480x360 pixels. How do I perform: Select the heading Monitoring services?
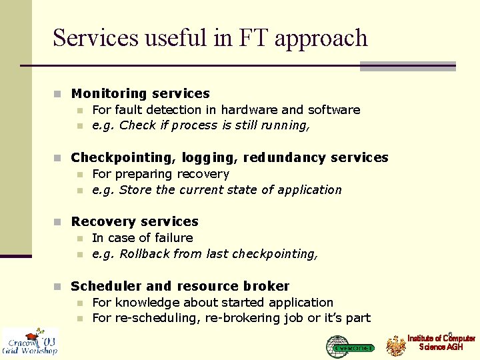140,93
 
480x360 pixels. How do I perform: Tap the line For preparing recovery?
160,174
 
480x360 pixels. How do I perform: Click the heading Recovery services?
134,221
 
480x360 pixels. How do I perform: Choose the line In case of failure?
142,238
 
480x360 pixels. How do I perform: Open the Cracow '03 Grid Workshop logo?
30,341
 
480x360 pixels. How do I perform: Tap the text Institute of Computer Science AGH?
441,343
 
